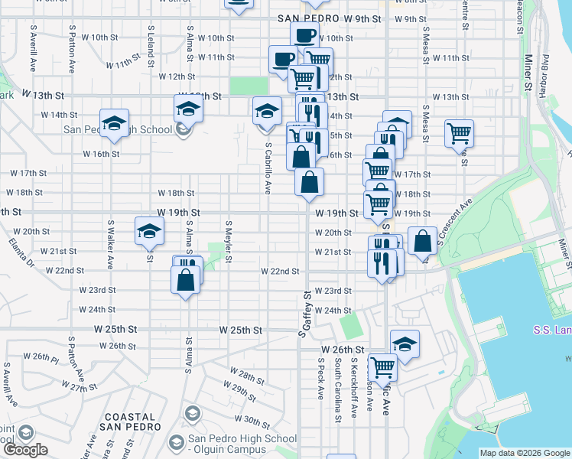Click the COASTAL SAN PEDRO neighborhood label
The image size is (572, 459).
point(130,421)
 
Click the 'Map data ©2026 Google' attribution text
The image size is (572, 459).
point(525,453)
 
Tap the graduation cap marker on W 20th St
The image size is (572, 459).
point(149,230)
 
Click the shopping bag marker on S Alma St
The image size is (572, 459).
point(187,280)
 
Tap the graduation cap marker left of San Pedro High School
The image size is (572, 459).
point(114,123)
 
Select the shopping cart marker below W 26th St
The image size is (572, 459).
point(382,366)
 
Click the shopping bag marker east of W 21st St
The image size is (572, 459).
point(422,241)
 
